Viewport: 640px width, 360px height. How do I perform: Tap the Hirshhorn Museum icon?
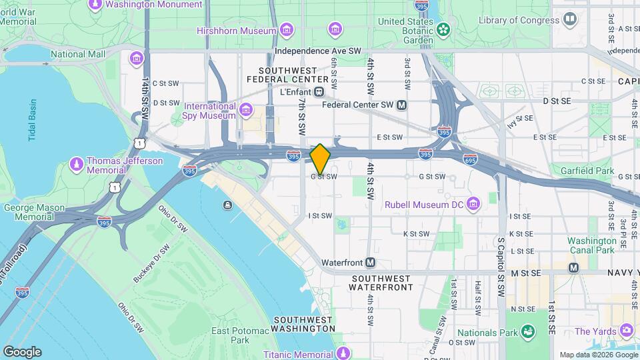[287, 30]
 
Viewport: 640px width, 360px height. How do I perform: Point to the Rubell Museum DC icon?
[473, 203]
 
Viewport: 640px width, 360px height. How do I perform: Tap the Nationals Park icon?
[528, 331]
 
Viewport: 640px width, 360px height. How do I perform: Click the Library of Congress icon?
[569, 20]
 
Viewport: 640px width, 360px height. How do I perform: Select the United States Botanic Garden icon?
[443, 30]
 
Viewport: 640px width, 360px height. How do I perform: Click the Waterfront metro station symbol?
[370, 263]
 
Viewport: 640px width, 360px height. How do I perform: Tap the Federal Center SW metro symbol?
[401, 105]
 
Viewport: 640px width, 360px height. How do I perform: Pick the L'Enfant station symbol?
[319, 91]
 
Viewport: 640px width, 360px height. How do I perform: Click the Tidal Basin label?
[32, 120]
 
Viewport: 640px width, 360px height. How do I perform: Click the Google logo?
[22, 351]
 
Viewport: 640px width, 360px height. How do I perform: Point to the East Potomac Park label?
[231, 335]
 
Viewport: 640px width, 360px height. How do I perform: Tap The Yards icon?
[626, 330]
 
